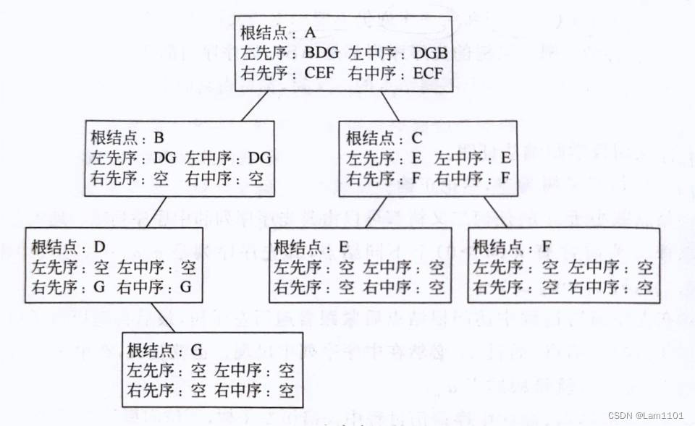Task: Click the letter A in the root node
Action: [310, 34]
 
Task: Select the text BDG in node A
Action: [322, 54]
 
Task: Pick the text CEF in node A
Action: [321, 73]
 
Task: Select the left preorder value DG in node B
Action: [166, 158]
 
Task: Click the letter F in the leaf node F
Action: [544, 247]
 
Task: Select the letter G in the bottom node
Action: [195, 352]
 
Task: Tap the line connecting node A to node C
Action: [389, 108]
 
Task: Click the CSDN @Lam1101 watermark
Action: [646, 415]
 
